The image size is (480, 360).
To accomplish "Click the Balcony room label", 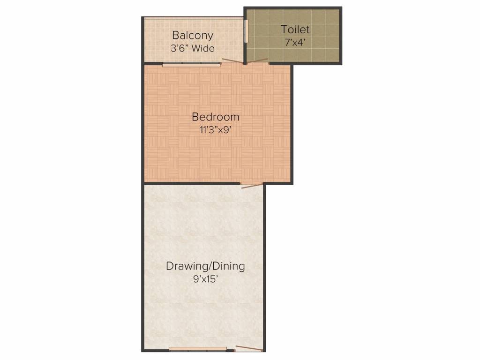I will [193, 35].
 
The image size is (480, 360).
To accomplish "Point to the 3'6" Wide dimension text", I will [193, 48].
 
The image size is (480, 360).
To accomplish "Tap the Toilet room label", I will [295, 30].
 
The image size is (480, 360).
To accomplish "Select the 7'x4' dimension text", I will [295, 42].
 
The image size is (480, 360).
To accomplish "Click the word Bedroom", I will [216, 117].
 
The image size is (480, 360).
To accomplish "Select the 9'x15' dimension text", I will [205, 280].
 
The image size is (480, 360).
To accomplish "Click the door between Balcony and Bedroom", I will [232, 61].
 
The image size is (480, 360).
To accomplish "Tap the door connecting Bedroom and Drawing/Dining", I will [252, 185].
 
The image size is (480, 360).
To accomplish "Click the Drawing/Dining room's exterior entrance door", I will [248, 348].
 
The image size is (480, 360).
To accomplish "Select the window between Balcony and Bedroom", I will [191, 65].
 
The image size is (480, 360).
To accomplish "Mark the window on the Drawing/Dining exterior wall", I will [198, 349].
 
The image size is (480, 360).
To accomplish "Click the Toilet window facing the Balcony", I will [246, 31].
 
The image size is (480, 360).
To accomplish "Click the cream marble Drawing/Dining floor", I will [202, 225].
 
